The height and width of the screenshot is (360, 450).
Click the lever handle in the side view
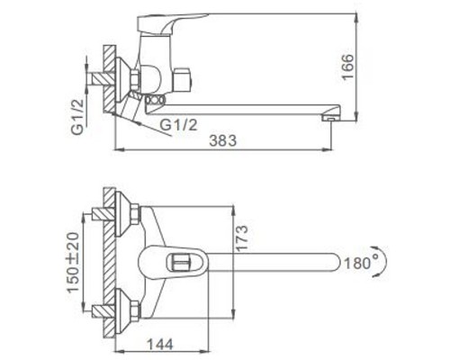pyautogui.click(x=180, y=20)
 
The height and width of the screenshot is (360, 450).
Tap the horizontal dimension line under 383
pyautogui.click(x=225, y=148)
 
